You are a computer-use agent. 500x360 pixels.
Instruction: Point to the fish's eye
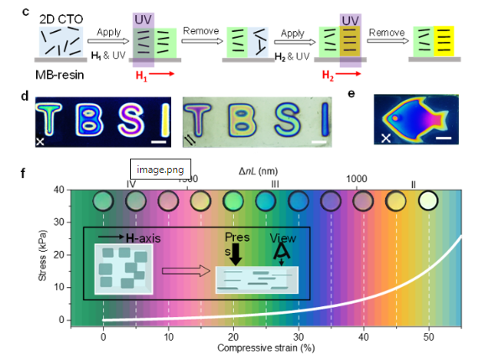395,118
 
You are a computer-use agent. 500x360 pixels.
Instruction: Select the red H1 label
141,76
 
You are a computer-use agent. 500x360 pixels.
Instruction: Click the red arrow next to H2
348,74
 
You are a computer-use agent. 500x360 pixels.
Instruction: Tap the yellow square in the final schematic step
444,41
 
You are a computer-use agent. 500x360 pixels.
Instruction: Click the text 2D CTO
61,19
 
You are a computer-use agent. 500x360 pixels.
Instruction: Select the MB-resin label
60,75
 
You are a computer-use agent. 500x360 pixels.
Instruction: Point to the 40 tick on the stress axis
60,190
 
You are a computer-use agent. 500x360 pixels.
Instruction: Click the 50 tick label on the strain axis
429,337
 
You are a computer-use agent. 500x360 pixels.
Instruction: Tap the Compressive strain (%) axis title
266,348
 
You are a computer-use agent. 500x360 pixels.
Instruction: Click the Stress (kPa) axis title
42,255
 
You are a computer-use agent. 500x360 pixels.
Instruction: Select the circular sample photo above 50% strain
428,201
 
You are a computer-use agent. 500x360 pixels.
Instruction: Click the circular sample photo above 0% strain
103,201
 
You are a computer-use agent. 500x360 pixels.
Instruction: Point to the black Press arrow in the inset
236,254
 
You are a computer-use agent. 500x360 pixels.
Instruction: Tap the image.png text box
160,169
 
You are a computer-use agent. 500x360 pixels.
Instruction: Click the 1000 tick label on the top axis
357,179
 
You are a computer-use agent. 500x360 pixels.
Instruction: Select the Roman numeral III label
275,184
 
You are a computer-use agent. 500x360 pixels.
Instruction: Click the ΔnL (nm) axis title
258,171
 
